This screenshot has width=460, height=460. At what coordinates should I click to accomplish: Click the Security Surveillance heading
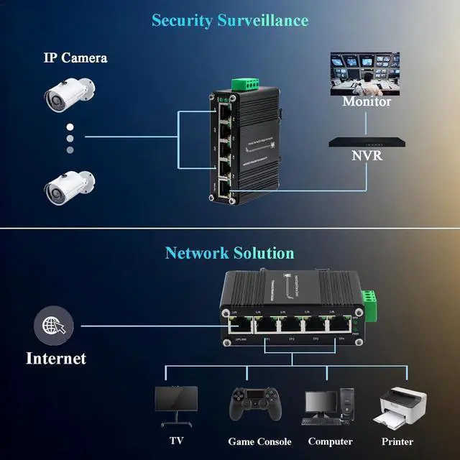click(x=230, y=20)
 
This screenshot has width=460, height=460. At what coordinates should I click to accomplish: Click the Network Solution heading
click(x=230, y=253)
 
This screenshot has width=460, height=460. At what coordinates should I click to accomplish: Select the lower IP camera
click(x=69, y=186)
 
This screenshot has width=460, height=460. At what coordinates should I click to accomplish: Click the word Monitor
click(x=367, y=102)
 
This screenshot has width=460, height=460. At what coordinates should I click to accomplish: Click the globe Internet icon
click(x=54, y=326)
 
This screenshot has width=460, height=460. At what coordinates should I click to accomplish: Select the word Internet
click(x=56, y=358)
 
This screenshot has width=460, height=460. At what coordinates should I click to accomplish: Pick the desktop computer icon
click(x=329, y=408)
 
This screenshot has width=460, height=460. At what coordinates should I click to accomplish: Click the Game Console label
click(x=259, y=441)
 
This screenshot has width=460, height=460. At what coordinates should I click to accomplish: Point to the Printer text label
click(x=397, y=441)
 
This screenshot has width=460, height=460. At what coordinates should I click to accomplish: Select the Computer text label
click(x=330, y=441)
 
